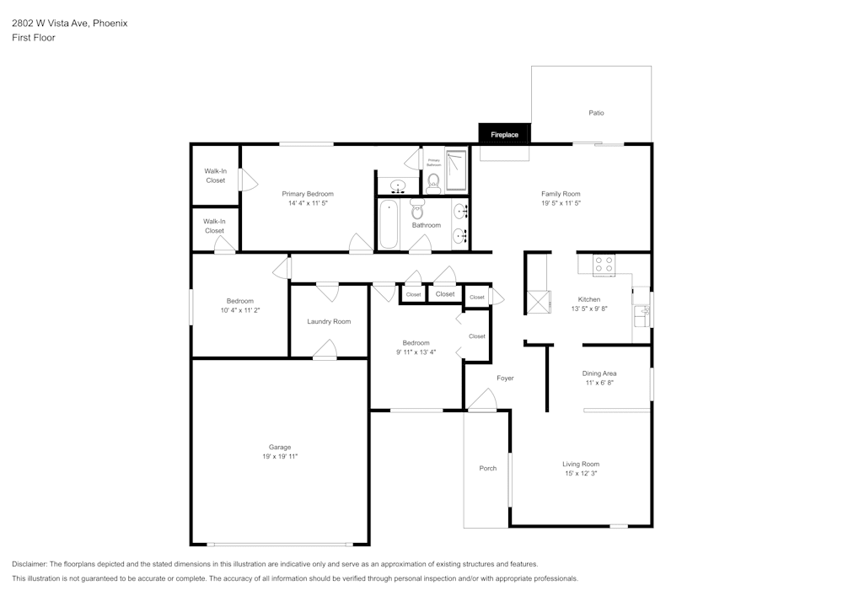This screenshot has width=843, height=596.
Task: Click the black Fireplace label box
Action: tap(504, 134)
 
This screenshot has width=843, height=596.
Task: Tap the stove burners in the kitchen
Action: tap(604, 265)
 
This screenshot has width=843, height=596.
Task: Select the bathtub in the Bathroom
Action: tap(389, 224)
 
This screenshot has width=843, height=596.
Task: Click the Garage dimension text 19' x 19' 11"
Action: tap(280, 456)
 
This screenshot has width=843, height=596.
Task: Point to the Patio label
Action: tap(596, 113)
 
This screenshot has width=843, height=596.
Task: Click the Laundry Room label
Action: tap(329, 321)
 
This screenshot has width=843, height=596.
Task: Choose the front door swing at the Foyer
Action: tap(482, 400)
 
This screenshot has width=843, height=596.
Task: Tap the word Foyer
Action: tap(505, 378)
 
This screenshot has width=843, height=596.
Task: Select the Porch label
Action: tap(488, 468)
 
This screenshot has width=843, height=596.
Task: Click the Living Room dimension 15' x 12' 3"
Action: tap(581, 474)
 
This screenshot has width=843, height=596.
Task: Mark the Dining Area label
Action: tap(599, 373)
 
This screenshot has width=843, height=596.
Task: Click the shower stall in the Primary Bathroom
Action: tap(456, 170)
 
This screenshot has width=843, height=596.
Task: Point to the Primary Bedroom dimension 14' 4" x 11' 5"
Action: tap(308, 203)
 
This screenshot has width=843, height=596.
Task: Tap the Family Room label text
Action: tap(561, 194)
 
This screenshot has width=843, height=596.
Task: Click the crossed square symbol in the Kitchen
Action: tap(538, 301)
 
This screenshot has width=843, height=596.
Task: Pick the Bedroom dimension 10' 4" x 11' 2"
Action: tap(239, 310)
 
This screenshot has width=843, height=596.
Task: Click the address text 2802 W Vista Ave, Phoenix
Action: tap(70, 24)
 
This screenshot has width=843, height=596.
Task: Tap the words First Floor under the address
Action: tap(34, 38)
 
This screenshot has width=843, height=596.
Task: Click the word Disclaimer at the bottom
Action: tap(30, 564)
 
